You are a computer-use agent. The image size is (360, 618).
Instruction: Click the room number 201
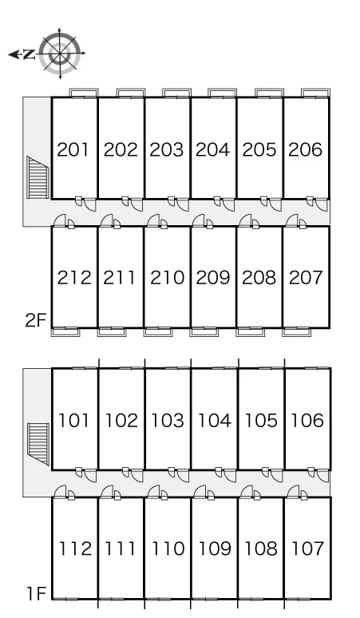pyautogui.click(x=73, y=150)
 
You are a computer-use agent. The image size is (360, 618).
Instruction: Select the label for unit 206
pyautogui.click(x=305, y=150)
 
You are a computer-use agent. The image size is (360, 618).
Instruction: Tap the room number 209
pyautogui.click(x=212, y=278)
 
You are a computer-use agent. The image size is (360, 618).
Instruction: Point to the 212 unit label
pyautogui.click(x=74, y=278)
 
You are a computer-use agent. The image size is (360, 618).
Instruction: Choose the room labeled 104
pyautogui.click(x=214, y=421)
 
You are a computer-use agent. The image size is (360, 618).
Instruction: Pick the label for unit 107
pyautogui.click(x=307, y=549)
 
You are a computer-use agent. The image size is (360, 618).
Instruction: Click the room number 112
pyautogui.click(x=75, y=549)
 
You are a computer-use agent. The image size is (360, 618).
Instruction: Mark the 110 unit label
pyautogui.click(x=168, y=549)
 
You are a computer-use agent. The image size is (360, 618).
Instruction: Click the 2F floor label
pyautogui.click(x=36, y=321)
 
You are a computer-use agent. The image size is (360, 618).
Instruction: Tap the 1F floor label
pyautogui.click(x=37, y=593)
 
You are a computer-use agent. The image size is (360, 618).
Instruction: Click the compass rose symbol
pyautogui.click(x=60, y=53)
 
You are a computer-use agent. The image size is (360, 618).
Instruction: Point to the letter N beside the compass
pyautogui.click(x=29, y=54)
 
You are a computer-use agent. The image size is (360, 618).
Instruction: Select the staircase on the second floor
pyautogui.click(x=38, y=177)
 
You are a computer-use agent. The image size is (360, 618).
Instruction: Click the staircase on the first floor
pyautogui.click(x=38, y=444)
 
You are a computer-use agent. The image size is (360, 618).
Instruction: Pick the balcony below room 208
pyautogui.click(x=251, y=332)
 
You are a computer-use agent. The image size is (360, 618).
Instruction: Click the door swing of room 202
pyautogui.click(x=137, y=204)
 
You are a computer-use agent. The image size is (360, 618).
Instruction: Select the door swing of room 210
pyautogui.click(x=152, y=220)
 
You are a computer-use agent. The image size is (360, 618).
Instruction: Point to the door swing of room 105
pyautogui.click(x=276, y=476)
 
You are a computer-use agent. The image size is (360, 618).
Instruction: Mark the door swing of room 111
pyautogui.click(x=107, y=492)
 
